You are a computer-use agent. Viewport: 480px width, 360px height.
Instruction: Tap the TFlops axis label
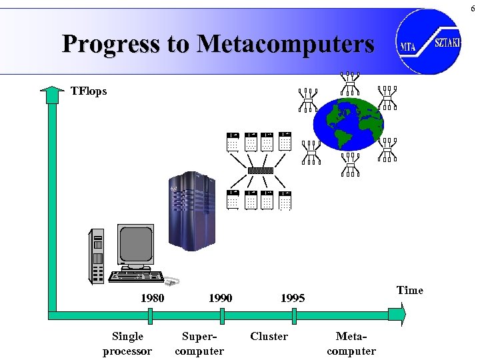pos(89,91)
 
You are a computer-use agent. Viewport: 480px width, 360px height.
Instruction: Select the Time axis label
pos(409,290)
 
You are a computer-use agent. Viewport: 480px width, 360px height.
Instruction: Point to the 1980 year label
pos(152,298)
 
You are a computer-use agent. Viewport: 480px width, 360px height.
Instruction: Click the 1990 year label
pos(220,298)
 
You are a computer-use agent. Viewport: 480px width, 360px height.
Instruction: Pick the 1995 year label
pos(293,298)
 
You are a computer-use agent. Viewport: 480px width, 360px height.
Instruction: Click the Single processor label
pos(127,343)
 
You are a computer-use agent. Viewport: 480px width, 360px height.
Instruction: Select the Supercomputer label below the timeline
pos(199,343)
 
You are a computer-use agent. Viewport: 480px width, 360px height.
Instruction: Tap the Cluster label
pos(269,337)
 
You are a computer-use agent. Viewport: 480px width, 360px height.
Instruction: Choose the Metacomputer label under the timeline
pos(351,343)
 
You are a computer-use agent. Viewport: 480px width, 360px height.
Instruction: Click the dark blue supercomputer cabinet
pos(194,210)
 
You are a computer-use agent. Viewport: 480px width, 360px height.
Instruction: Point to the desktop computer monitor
pos(136,245)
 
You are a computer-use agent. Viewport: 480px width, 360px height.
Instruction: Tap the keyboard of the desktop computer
pos(137,276)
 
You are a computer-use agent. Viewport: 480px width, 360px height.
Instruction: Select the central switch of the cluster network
pos(260,170)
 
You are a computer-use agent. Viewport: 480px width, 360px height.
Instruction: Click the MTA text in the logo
pos(409,47)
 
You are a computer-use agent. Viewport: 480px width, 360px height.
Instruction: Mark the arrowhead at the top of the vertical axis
pos(51,95)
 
